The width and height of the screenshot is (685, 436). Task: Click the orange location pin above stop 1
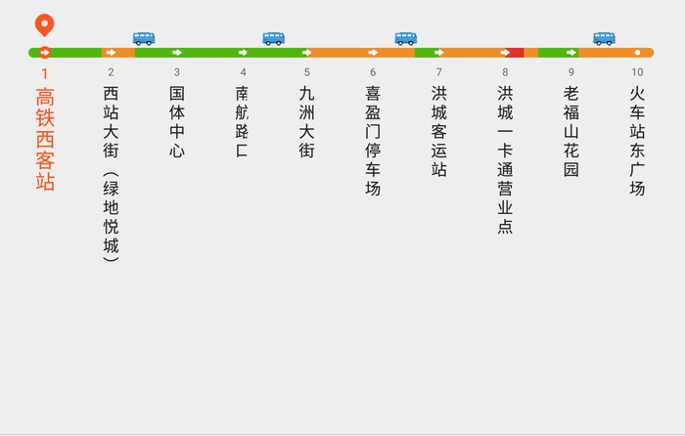(44, 24)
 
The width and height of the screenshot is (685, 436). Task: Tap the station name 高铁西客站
(45, 140)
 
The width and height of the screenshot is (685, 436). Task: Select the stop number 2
(111, 72)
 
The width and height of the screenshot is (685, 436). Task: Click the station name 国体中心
(177, 122)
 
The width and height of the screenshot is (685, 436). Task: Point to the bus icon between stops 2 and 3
(144, 38)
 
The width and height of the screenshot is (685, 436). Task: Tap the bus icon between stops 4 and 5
(273, 38)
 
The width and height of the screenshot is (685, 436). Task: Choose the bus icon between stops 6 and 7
(405, 38)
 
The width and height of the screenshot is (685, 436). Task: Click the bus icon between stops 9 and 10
(604, 38)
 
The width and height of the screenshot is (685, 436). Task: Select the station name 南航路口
(243, 122)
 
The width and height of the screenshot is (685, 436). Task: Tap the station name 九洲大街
(307, 122)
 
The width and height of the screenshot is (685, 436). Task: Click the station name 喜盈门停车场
(373, 141)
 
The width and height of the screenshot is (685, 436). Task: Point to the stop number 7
(438, 72)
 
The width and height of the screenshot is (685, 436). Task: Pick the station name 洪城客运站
(438, 131)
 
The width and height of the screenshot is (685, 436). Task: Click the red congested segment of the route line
(516, 53)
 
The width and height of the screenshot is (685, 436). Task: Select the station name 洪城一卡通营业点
(505, 159)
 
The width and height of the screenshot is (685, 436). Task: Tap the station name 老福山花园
(571, 131)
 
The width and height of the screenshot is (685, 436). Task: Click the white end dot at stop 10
(637, 53)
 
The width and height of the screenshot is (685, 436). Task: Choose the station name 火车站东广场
(637, 141)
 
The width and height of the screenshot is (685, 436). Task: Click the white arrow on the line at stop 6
(373, 53)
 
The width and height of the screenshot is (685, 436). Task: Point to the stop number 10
(637, 72)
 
